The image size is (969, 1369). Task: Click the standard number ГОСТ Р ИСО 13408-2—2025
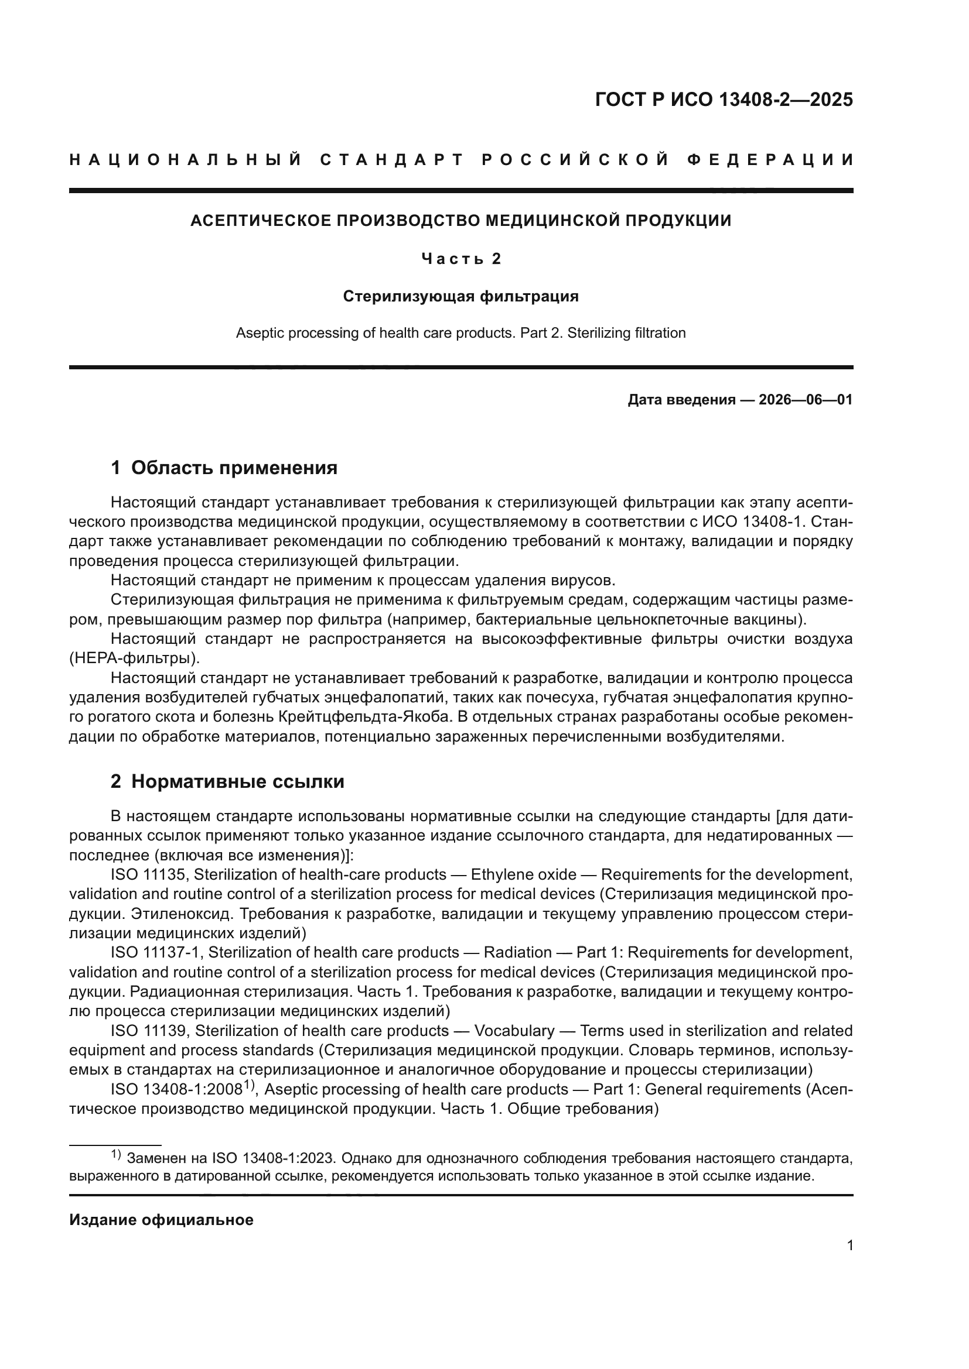[724, 99]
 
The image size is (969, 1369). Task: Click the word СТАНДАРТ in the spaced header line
[392, 160]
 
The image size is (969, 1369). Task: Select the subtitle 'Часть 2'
[460, 259]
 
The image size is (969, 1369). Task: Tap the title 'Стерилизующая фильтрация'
[460, 296]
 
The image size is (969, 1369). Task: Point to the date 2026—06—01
[806, 400]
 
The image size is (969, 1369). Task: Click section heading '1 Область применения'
[224, 468]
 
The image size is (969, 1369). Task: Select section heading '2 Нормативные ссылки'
[227, 781]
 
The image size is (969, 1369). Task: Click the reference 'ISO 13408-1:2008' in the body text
[175, 1090]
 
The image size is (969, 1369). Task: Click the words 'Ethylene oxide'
[523, 874]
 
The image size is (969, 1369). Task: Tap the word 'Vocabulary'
[514, 1031]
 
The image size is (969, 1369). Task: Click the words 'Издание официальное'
[161, 1220]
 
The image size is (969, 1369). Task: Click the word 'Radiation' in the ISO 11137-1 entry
[517, 953]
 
